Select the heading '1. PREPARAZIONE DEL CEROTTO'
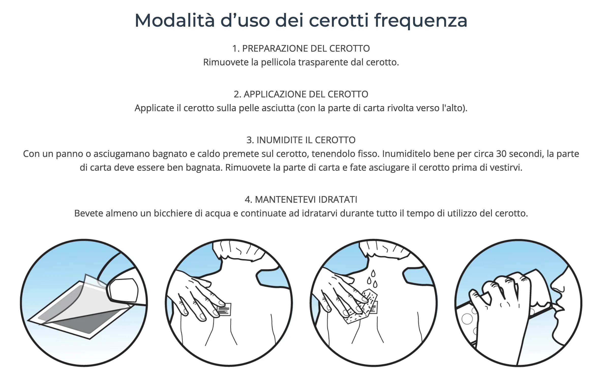301,48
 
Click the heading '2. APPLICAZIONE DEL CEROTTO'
301,94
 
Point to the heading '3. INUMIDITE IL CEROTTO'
301,140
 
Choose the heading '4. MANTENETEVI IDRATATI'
301,199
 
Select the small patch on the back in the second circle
224,309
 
